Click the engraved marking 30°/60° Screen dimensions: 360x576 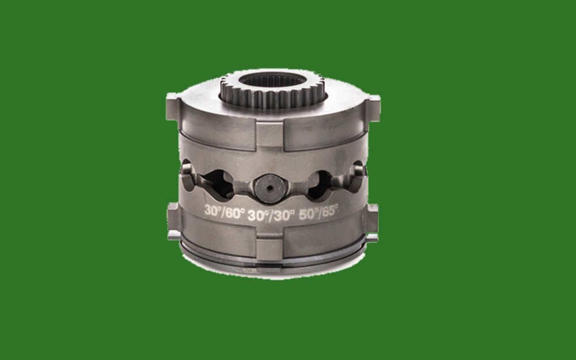(225, 211)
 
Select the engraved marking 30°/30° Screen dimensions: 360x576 (271, 213)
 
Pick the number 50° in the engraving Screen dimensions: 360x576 (306, 212)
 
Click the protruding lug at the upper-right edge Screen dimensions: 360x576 (374, 107)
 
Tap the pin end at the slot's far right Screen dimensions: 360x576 (358, 172)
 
